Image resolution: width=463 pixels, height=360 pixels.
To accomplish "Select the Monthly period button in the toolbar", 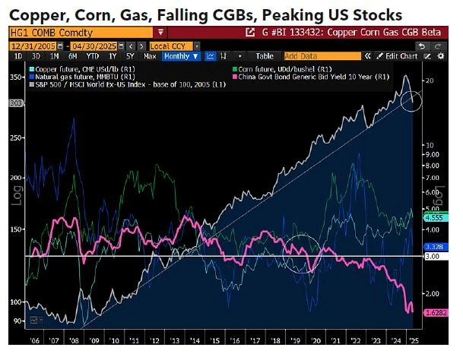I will [180, 56].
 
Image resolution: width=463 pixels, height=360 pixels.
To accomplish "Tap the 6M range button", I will [72, 56].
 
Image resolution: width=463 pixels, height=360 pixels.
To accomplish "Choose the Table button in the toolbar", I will [264, 56].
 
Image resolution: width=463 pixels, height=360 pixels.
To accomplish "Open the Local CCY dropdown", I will [172, 45].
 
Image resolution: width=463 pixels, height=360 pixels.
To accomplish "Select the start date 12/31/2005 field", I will [34, 45].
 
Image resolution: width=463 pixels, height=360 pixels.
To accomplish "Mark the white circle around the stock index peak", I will [411, 98].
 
